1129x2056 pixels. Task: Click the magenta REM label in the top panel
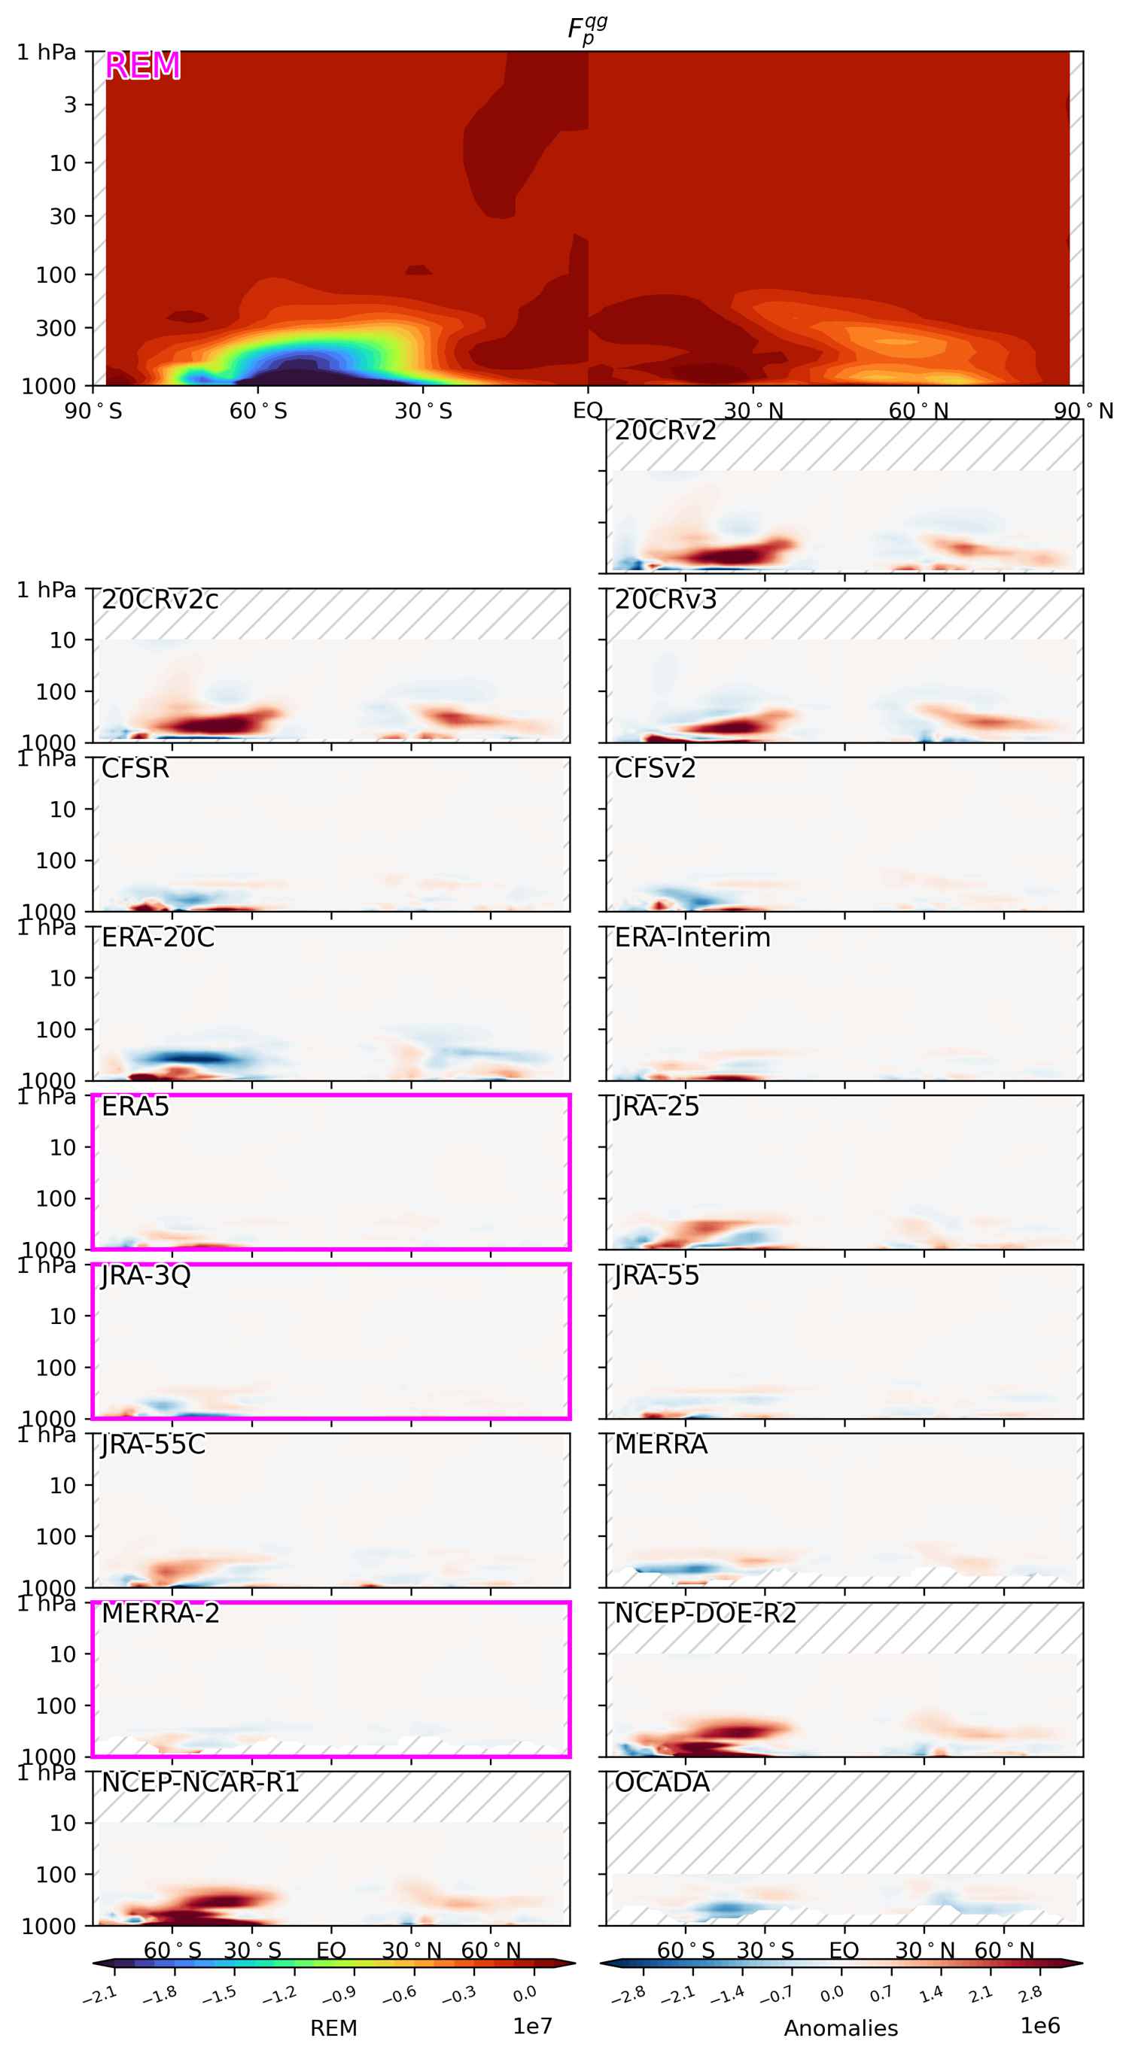coord(142,65)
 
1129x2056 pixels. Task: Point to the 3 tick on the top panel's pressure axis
coord(70,105)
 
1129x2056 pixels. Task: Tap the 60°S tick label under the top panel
coord(258,411)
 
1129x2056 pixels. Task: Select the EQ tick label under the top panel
coord(588,411)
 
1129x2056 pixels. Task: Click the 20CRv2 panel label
coord(665,431)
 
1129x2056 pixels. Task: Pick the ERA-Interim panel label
coord(692,938)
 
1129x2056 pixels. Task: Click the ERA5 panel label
coord(135,1107)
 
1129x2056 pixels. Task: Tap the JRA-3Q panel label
coord(146,1276)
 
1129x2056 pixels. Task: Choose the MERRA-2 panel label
coord(160,1614)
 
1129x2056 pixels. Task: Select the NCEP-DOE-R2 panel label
coord(705,1614)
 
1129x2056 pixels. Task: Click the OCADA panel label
coord(662,1783)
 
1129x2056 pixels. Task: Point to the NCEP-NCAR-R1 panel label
coord(199,1783)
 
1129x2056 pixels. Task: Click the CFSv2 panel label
coord(655,769)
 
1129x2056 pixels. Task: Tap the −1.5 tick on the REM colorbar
coord(220,1995)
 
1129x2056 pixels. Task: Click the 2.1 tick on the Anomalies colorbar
coord(981,1995)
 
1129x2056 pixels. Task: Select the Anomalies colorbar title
coord(841,2028)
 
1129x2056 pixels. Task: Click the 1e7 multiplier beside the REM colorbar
coord(532,2026)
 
